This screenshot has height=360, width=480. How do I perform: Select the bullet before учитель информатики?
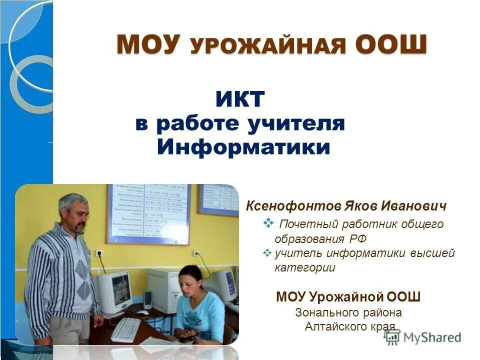(x=267, y=253)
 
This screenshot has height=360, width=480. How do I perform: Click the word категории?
(x=305, y=268)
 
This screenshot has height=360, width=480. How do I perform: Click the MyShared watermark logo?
(x=423, y=337)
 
